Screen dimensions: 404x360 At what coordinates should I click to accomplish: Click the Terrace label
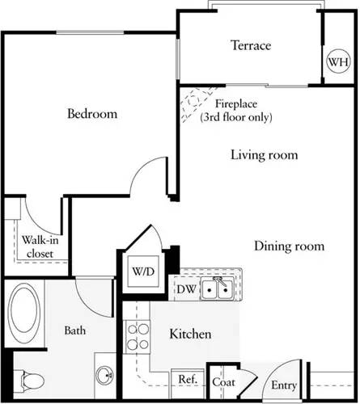click(249, 46)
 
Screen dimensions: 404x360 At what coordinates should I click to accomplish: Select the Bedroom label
click(91, 114)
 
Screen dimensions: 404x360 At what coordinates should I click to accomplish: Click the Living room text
click(264, 154)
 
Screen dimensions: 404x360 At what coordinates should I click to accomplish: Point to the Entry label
click(284, 385)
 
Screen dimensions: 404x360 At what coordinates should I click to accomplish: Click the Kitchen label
click(190, 334)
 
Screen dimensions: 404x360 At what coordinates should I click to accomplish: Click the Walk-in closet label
click(38, 246)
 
